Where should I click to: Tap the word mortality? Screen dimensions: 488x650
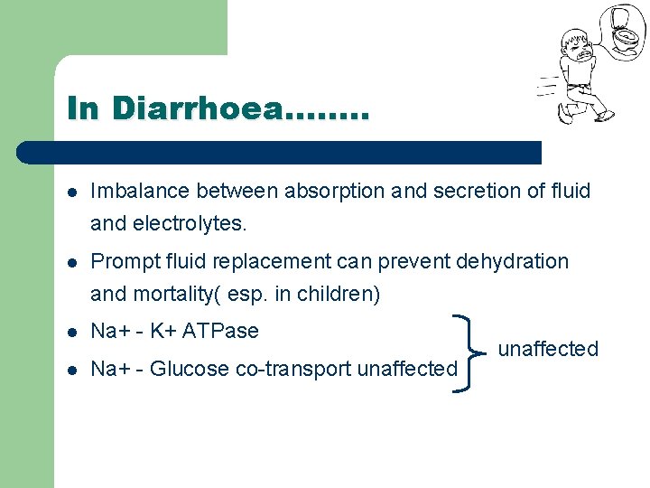pos(177,295)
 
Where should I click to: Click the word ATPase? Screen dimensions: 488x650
pos(220,332)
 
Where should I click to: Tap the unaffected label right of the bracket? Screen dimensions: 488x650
pos(548,349)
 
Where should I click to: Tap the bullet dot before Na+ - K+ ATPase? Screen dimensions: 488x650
pos(72,333)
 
